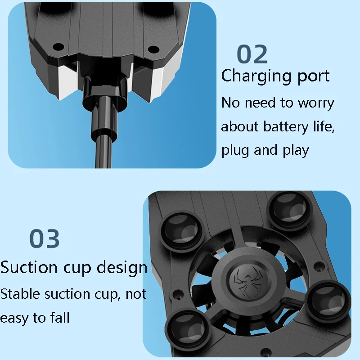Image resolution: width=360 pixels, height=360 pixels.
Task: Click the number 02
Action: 252,54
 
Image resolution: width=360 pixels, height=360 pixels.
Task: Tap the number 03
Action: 45,239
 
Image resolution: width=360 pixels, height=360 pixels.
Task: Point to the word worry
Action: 315,103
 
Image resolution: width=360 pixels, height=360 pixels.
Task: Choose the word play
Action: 296,151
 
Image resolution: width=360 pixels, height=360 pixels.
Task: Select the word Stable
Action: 20,294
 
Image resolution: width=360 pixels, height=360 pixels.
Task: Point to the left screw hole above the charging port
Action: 58,46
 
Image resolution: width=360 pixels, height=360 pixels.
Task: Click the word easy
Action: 15,318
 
